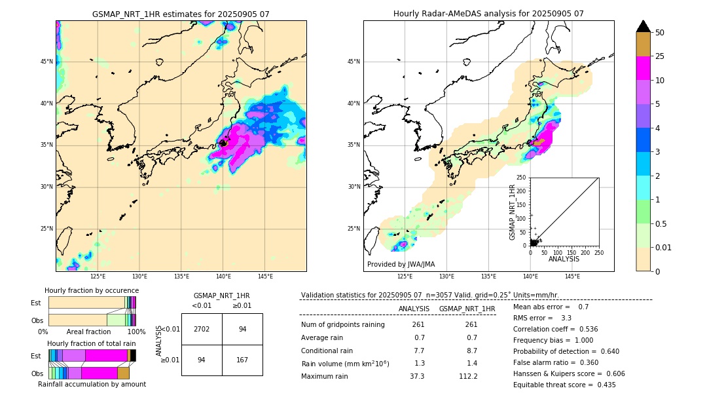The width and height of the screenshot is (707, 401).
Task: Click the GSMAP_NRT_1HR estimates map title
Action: click(181, 14)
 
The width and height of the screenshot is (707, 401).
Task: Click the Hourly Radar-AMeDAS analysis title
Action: click(488, 14)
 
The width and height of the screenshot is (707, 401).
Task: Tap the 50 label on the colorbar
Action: click(660, 32)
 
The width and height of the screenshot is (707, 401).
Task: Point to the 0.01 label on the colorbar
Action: click(662, 247)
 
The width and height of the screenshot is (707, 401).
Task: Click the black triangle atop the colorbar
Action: click(644, 26)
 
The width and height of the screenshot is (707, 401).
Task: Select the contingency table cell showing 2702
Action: click(202, 329)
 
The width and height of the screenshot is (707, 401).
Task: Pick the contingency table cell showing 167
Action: click(242, 360)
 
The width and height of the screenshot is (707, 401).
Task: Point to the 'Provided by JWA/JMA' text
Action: click(401, 264)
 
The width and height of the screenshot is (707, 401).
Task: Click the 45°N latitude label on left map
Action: click(46, 62)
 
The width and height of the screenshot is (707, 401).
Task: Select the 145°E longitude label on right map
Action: click(572, 277)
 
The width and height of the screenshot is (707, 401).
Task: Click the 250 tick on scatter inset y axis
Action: click(522, 178)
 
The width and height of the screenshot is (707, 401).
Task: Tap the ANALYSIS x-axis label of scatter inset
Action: click(564, 259)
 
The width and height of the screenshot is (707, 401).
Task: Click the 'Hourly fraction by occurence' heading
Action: click(92, 290)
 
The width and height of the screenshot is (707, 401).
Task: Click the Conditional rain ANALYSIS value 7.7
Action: click(419, 351)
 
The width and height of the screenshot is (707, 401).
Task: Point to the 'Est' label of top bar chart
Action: click(36, 303)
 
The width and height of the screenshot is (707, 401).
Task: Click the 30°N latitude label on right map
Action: click(354, 187)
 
